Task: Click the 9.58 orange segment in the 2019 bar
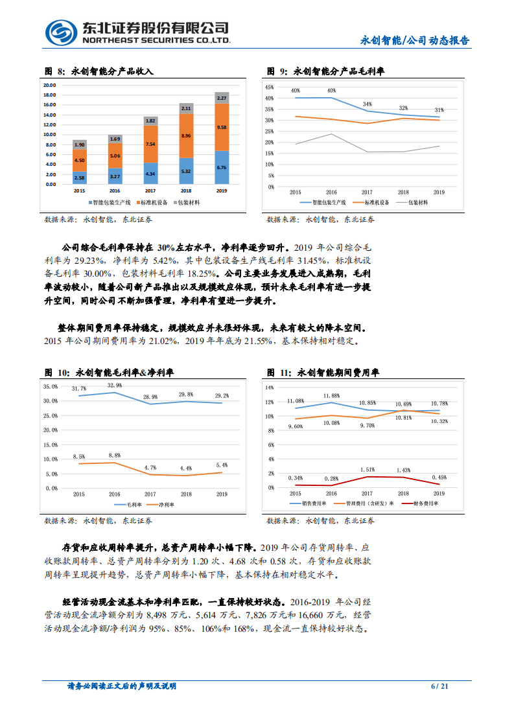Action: tap(222, 127)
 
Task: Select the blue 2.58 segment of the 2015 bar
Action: tap(79, 178)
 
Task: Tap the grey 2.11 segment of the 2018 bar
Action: tap(186, 108)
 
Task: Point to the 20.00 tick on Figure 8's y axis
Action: tap(49, 85)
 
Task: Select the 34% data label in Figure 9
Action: tap(368, 104)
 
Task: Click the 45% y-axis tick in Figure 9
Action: tap(269, 86)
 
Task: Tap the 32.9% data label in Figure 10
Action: tap(115, 386)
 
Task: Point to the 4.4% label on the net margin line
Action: tap(186, 468)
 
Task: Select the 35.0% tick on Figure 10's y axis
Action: tap(51, 386)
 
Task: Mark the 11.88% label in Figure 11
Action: tap(331, 395)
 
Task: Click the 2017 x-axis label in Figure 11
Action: tap(367, 493)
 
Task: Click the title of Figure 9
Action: tap(326, 71)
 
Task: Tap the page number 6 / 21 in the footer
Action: tap(439, 686)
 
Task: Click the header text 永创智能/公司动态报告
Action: tap(415, 40)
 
